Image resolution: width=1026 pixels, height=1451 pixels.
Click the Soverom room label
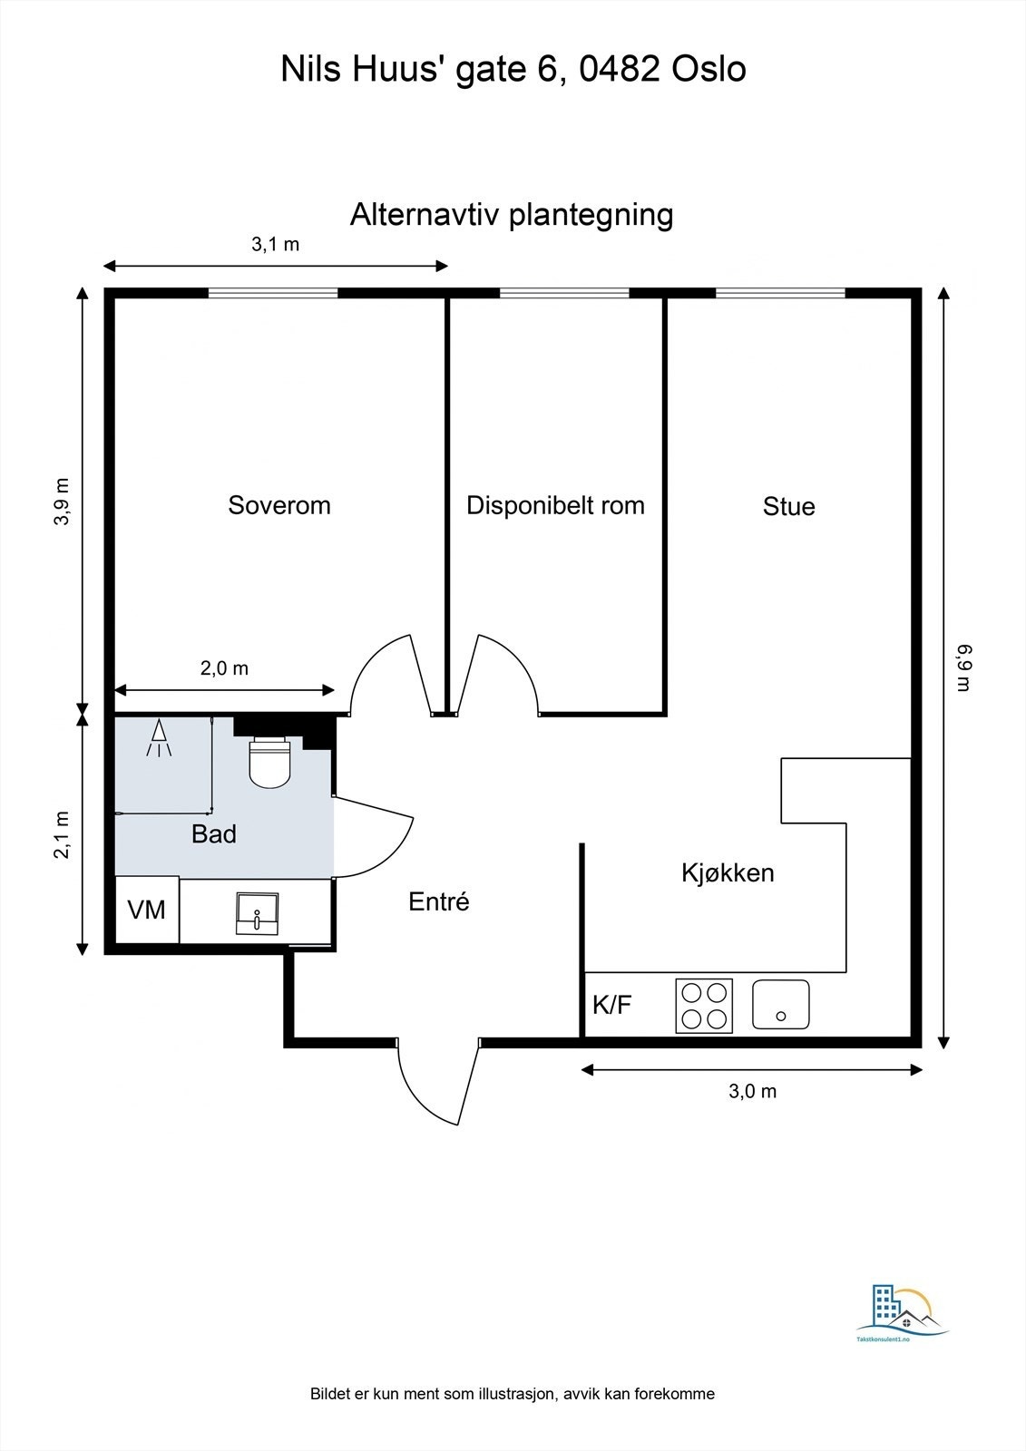pyautogui.click(x=278, y=505)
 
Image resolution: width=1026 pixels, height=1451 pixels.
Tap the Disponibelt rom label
pyautogui.click(x=555, y=505)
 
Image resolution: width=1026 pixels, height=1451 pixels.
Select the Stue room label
pyautogui.click(x=788, y=507)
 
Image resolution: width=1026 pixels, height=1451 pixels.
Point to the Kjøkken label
pyautogui.click(x=728, y=873)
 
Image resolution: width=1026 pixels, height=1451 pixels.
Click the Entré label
pyautogui.click(x=439, y=901)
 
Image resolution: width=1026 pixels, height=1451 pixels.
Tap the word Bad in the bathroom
pyautogui.click(x=214, y=834)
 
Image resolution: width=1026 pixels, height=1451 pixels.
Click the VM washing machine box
pyautogui.click(x=147, y=910)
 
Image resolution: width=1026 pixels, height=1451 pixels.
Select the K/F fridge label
pyautogui.click(x=611, y=1005)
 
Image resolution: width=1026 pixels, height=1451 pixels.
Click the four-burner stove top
pyautogui.click(x=705, y=1006)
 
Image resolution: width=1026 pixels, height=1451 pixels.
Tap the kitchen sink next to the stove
pyautogui.click(x=780, y=1005)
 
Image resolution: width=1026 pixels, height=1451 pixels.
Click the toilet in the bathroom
pyautogui.click(x=269, y=762)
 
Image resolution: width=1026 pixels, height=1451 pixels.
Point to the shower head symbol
pyautogui.click(x=160, y=738)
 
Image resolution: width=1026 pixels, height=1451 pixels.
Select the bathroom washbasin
pyautogui.click(x=257, y=913)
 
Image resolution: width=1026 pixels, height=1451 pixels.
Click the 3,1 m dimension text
pyautogui.click(x=275, y=244)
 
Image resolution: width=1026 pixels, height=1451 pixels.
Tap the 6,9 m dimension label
pyautogui.click(x=963, y=667)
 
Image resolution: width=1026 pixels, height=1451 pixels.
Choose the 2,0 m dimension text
pyautogui.click(x=224, y=668)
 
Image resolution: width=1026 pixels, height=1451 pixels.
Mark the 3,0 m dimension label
pyautogui.click(x=752, y=1091)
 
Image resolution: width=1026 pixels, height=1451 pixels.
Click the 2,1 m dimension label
pyautogui.click(x=62, y=834)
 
